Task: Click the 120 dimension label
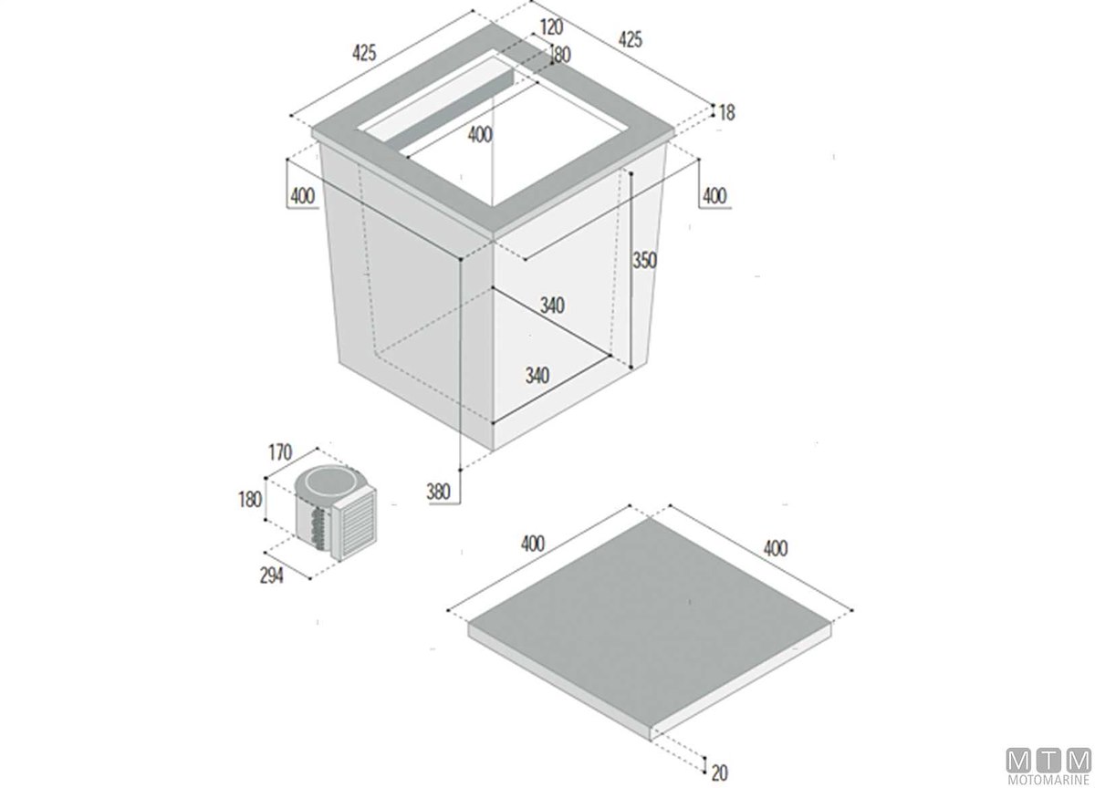click(x=551, y=27)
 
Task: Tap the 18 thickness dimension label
click(x=727, y=113)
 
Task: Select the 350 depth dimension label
click(x=645, y=261)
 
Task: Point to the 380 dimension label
click(x=438, y=491)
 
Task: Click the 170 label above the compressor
click(x=280, y=452)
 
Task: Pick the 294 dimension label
click(x=271, y=576)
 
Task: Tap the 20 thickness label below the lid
click(x=720, y=773)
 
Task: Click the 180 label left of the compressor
click(x=250, y=500)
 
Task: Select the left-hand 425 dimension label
click(x=364, y=53)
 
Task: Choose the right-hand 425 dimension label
click(x=631, y=39)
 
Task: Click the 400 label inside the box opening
click(x=480, y=135)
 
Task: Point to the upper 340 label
click(x=552, y=306)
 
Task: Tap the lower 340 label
click(x=537, y=375)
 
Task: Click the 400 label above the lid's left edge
click(x=532, y=544)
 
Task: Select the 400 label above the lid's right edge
click(x=776, y=549)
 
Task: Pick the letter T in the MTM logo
click(x=1049, y=759)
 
